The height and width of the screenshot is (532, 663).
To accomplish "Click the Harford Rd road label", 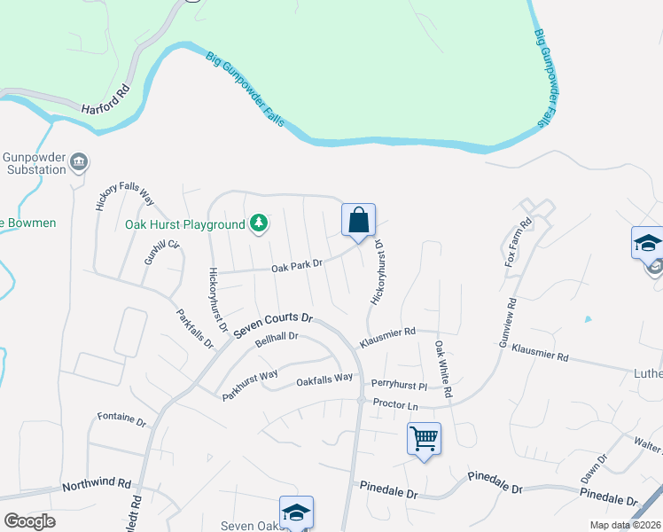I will coord(105,110).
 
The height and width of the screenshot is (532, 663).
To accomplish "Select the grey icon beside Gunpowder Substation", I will coord(79,161).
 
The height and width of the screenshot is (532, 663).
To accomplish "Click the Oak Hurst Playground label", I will coord(184,224).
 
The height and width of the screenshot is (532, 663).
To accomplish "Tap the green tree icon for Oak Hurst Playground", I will coord(258,223).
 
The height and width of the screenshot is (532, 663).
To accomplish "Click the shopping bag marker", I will coord(358,220).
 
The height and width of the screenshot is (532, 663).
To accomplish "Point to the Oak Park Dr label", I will coord(297,265).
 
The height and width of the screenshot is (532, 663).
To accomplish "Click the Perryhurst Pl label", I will coord(400,386).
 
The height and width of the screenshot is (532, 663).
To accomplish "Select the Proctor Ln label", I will coord(395,404).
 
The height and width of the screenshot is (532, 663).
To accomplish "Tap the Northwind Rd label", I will coord(97,486).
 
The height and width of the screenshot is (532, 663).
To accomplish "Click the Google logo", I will coord(29,520).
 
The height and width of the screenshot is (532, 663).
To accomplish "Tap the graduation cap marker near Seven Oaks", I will coord(296,512).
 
